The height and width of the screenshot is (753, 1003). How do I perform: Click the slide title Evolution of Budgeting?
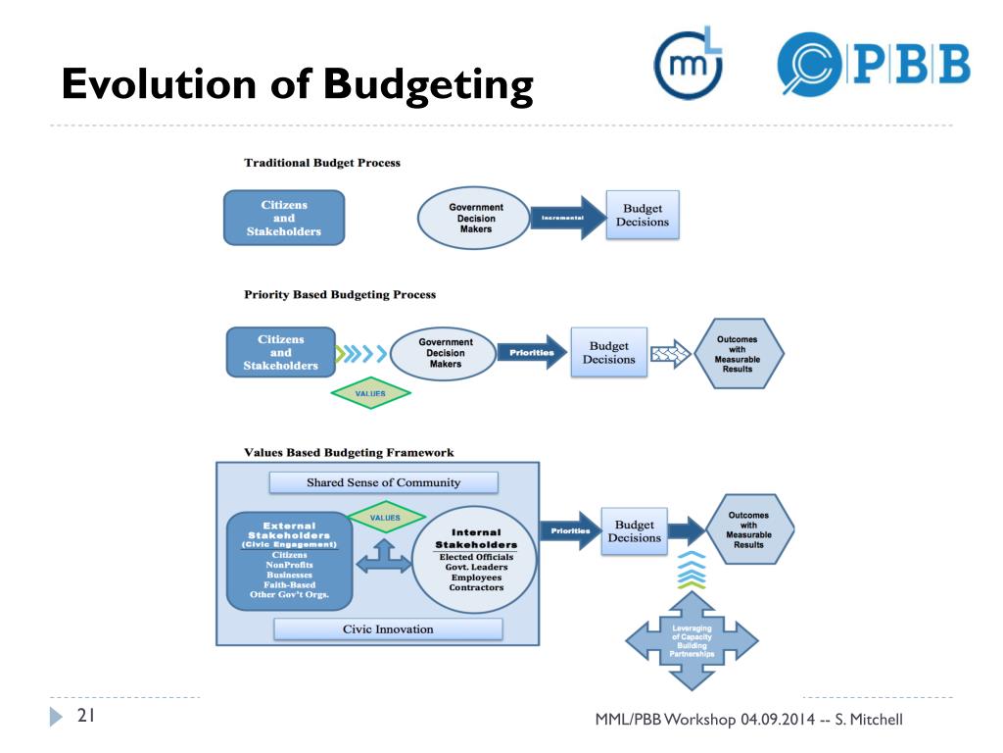pos(297,85)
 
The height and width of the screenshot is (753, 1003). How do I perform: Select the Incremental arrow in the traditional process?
pos(567,218)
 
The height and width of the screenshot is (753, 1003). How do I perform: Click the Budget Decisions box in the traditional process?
pos(642,216)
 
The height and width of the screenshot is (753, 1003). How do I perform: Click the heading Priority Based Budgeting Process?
pos(339,294)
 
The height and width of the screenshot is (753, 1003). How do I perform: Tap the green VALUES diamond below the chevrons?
pos(370,393)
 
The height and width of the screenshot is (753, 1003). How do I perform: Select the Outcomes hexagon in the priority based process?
pos(738,354)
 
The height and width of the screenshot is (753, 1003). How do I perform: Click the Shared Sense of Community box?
pos(383,482)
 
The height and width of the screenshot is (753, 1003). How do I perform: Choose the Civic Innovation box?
pos(387,628)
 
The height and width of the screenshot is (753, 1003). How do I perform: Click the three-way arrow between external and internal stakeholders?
pos(383,560)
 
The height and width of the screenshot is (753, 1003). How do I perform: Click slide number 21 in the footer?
pos(85,718)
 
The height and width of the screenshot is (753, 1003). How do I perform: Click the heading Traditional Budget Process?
pos(321,163)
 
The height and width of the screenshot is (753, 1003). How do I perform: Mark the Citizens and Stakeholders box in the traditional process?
pos(284,218)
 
